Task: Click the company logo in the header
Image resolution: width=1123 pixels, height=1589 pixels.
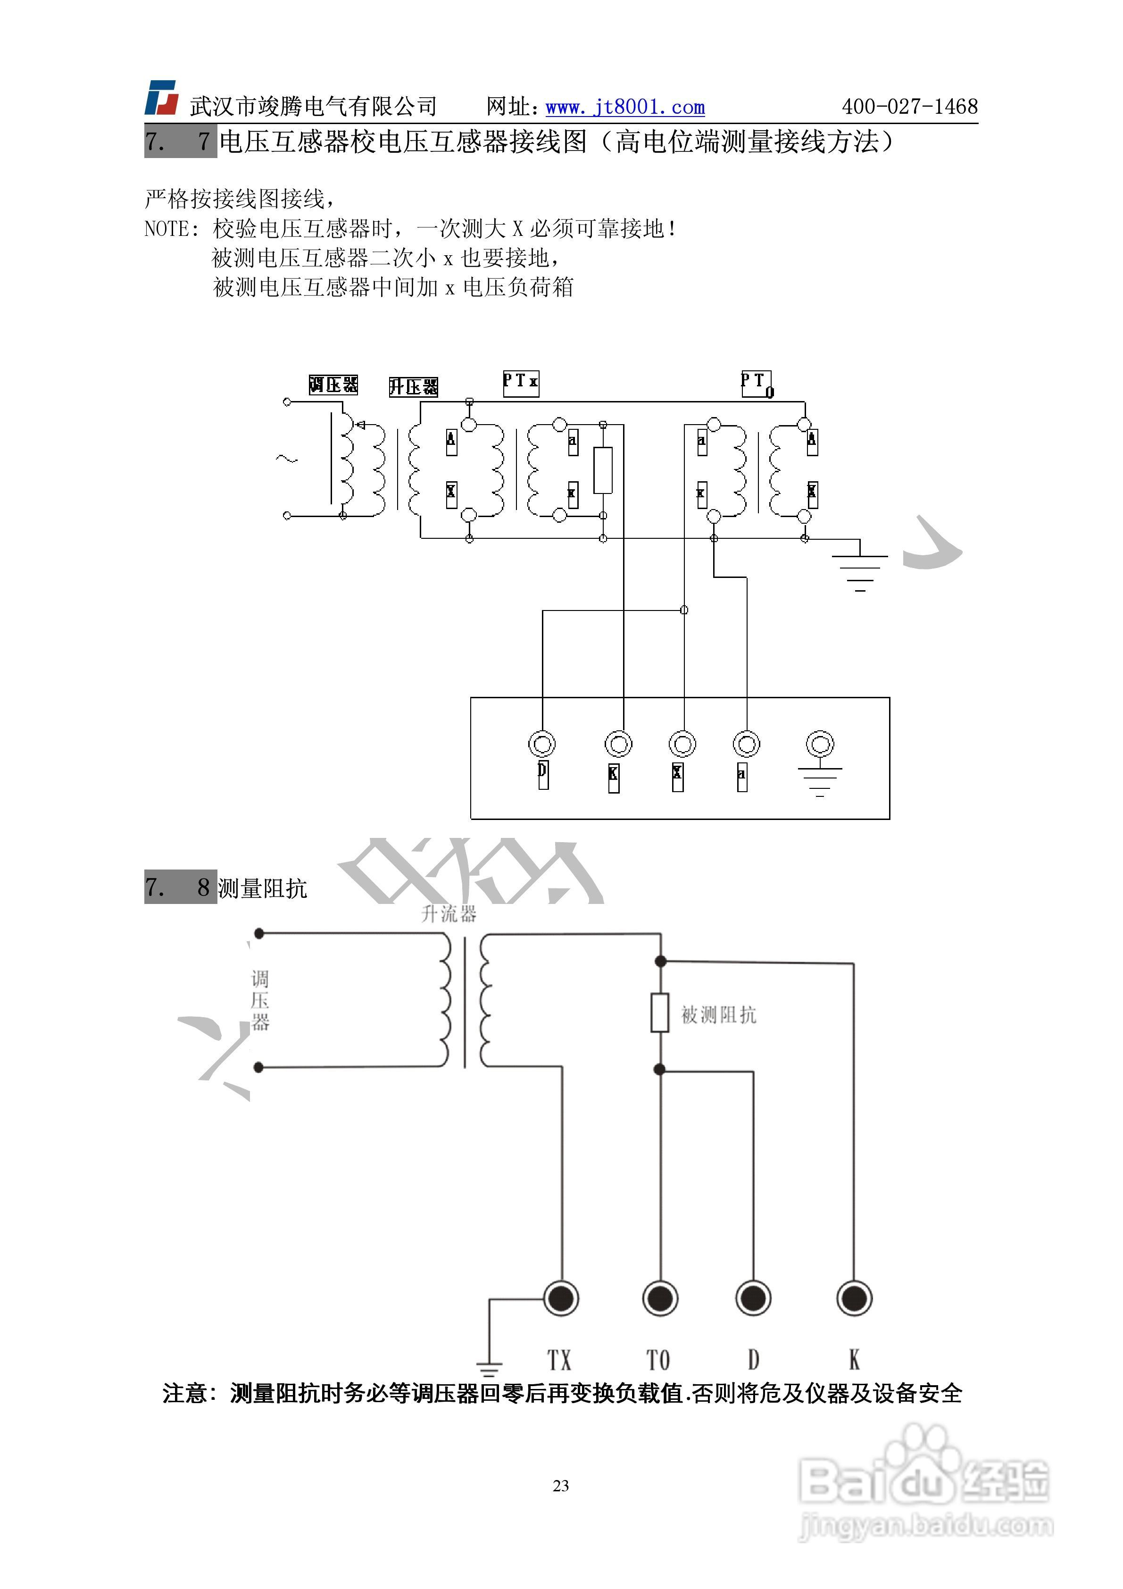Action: click(161, 98)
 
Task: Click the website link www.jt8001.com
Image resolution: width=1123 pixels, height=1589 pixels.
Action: click(625, 107)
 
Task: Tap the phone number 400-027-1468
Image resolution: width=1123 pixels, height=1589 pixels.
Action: click(909, 107)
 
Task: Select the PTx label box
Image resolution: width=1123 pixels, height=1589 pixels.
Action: click(520, 383)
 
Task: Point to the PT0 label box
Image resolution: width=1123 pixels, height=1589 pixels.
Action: click(756, 384)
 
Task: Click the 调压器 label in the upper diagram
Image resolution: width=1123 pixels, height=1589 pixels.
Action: click(333, 385)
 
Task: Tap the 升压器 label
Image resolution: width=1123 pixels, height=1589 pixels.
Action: click(413, 387)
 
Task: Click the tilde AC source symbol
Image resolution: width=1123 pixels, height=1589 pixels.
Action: click(286, 458)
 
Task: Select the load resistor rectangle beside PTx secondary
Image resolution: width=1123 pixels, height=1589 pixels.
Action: click(603, 470)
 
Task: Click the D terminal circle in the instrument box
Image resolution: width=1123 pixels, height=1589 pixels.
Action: click(542, 744)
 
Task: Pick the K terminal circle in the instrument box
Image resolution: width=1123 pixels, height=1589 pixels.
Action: click(618, 744)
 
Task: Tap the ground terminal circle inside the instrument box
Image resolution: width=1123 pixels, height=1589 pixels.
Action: click(820, 744)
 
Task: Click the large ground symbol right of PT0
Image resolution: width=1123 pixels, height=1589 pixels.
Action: click(860, 564)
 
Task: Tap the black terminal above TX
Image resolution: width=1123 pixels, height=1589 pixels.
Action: click(561, 1298)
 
